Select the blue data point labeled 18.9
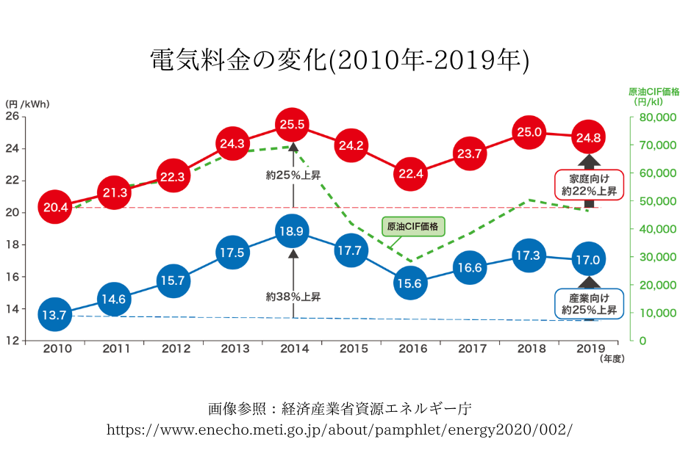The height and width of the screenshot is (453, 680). point(292,231)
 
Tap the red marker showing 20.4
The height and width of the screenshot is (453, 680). point(56,208)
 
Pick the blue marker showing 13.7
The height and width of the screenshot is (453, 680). point(54,315)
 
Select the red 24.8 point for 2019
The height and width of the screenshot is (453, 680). point(588,137)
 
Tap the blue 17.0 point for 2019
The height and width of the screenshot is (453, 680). point(588,260)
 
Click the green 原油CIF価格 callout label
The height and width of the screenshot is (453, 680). point(412,227)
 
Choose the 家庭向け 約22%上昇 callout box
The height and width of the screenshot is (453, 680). point(588,185)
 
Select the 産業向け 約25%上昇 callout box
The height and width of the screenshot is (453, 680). point(588,304)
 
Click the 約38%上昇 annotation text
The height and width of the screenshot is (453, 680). point(293,297)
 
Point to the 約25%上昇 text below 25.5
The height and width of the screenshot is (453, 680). point(293,175)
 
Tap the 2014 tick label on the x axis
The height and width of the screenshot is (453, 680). point(293,348)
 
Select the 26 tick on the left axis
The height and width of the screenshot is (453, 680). point(12,116)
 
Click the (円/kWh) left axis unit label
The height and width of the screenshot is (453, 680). point(27,104)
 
